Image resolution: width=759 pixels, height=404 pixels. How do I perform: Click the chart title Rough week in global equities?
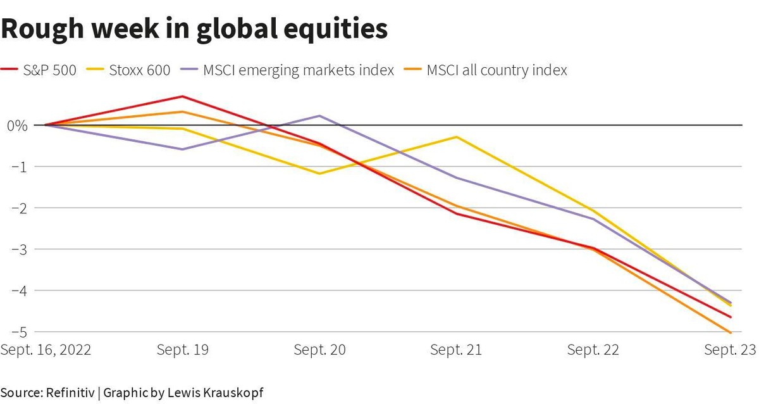click(194, 29)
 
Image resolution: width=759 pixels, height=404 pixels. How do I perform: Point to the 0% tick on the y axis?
click(18, 125)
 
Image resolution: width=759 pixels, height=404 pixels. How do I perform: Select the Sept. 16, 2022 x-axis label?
click(46, 350)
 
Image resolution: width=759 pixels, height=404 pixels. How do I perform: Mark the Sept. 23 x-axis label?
click(732, 350)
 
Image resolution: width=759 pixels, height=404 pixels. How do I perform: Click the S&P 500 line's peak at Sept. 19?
click(183, 96)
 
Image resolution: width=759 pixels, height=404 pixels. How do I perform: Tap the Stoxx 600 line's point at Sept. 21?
click(457, 137)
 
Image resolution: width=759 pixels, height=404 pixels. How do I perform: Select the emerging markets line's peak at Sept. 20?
click(320, 116)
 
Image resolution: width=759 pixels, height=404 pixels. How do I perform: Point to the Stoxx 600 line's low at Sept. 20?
click(320, 174)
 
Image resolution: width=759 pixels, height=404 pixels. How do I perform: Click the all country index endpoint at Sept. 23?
click(731, 332)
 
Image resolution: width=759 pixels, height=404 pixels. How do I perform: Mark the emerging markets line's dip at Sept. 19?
click(183, 149)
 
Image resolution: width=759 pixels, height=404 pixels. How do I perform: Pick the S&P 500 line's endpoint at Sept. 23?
click(731, 317)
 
